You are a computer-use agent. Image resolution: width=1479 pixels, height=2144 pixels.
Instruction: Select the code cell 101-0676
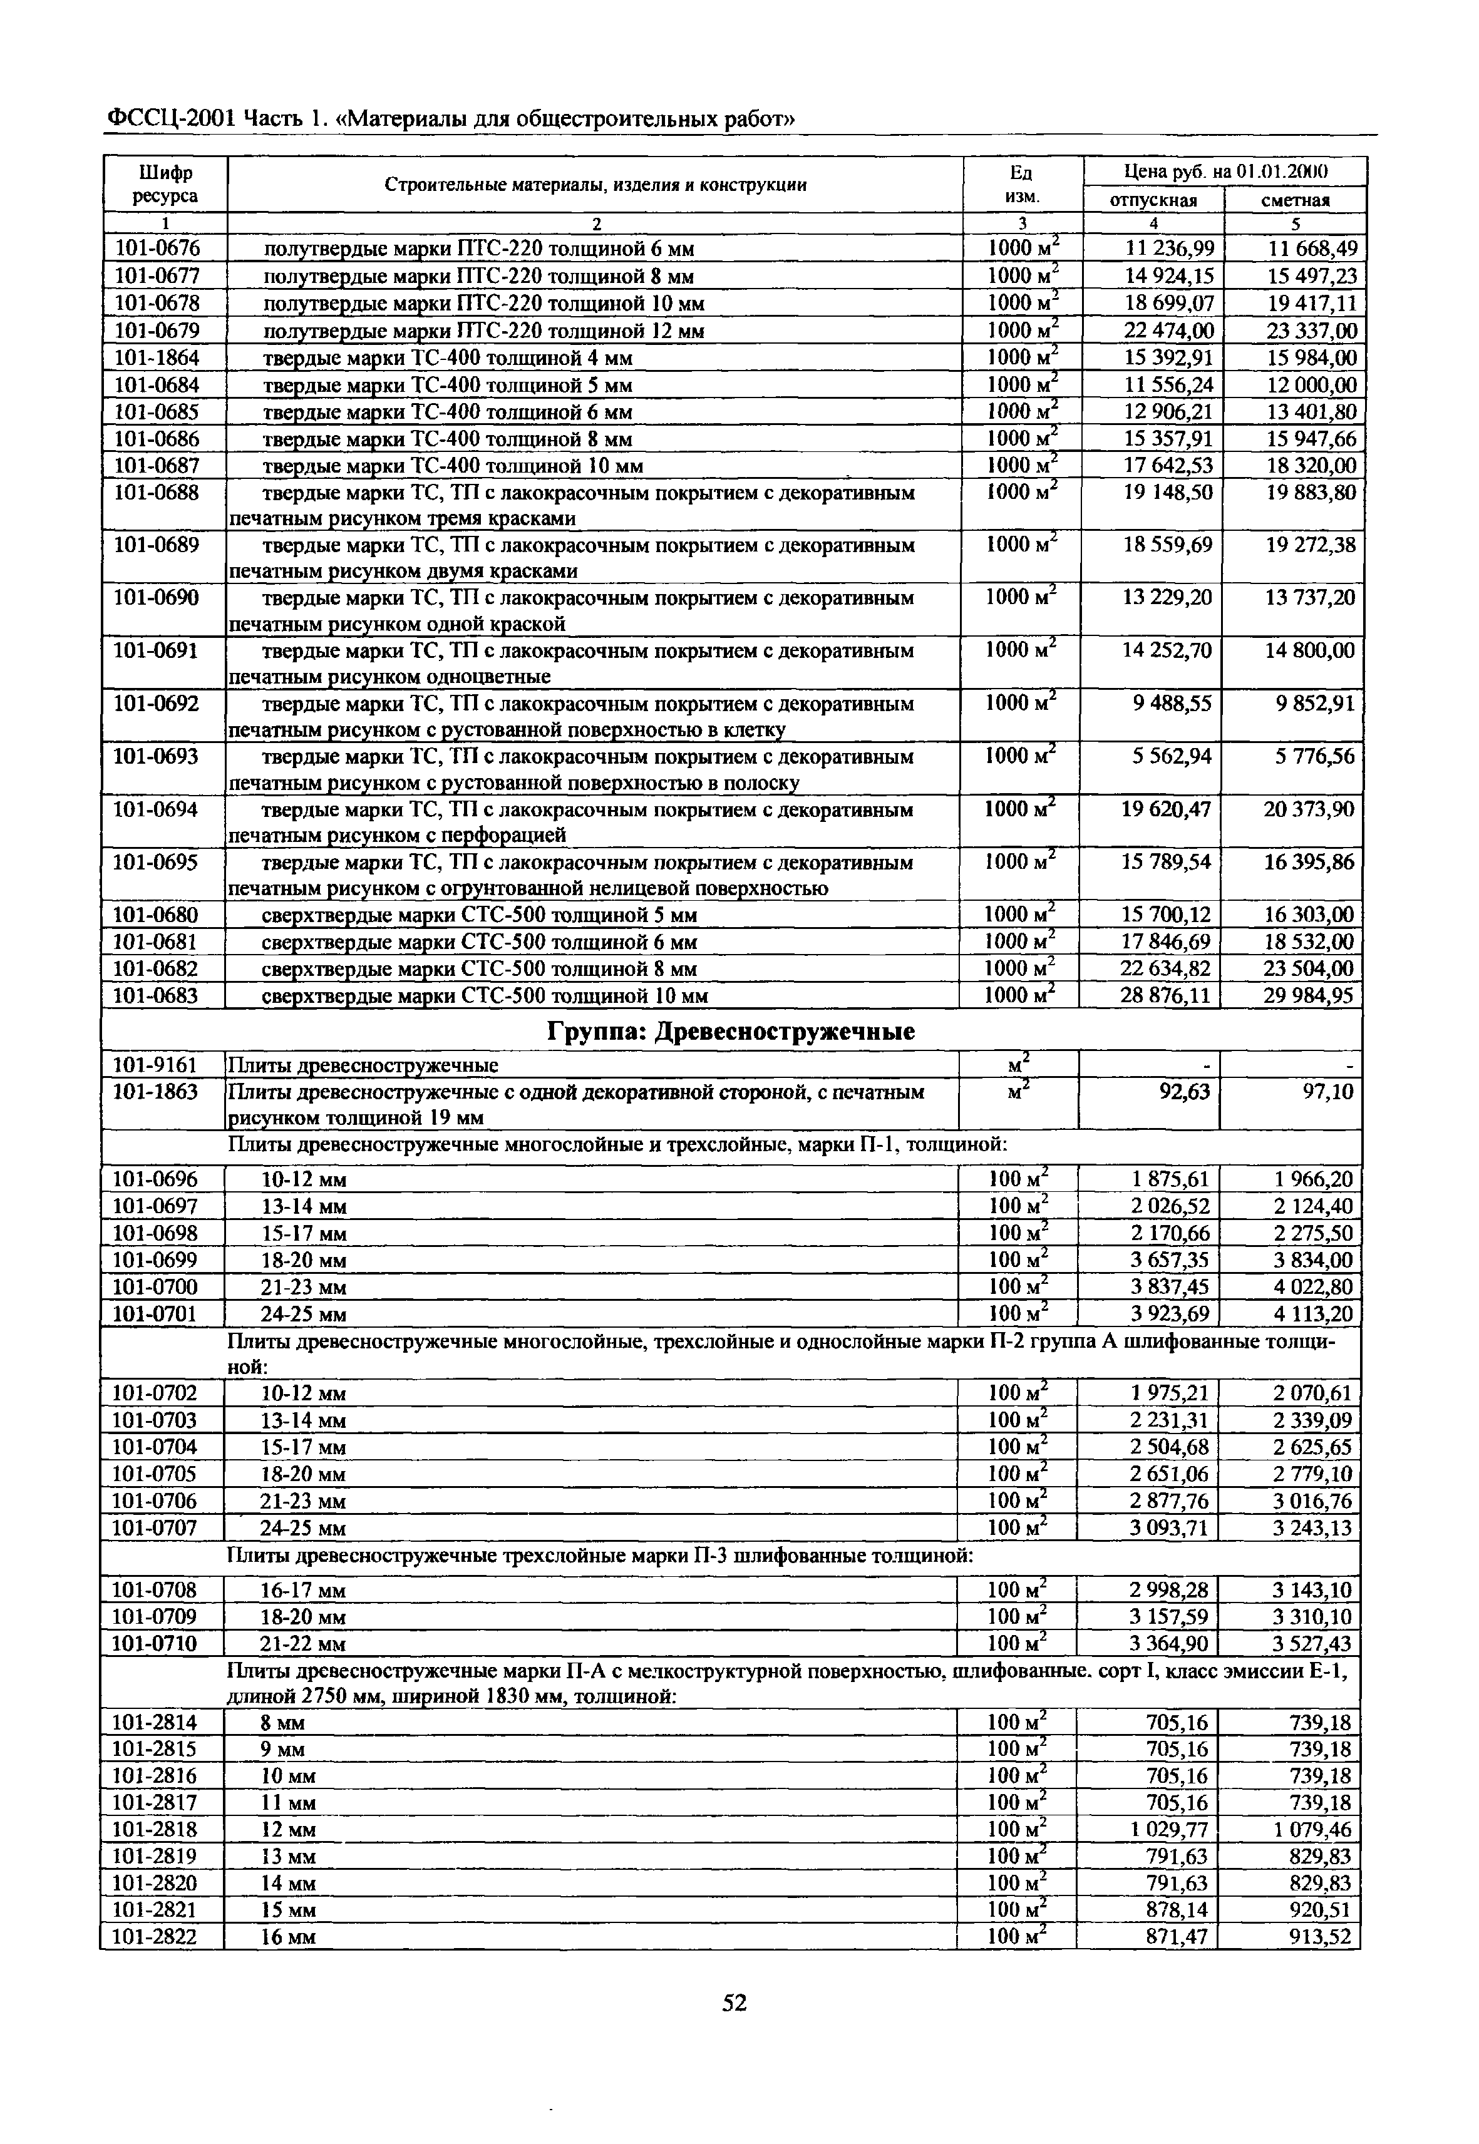(158, 249)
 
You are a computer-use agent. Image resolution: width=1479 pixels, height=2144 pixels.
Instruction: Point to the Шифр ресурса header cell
(165, 185)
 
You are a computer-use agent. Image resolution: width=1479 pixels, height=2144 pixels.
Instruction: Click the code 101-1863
(156, 1092)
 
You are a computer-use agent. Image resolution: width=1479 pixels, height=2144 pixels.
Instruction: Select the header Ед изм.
(1021, 185)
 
